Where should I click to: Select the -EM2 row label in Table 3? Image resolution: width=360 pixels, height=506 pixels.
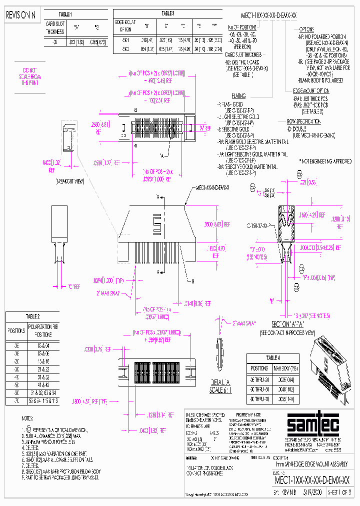[x=125, y=49]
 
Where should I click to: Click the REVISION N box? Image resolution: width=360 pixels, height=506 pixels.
[x=20, y=15]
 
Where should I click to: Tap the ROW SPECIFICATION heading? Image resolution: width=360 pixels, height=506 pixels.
[x=303, y=121]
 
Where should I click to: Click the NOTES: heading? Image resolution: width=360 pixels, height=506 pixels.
[x=27, y=417]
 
